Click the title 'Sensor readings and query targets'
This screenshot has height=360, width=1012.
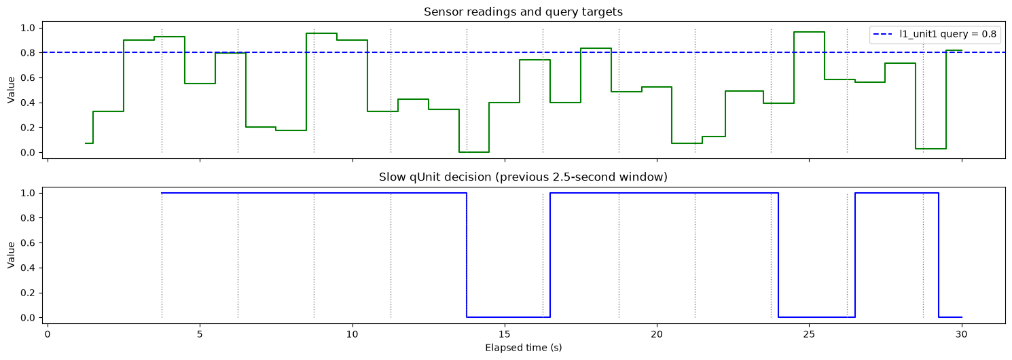click(x=523, y=12)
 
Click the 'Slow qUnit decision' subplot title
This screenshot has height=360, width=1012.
click(x=523, y=177)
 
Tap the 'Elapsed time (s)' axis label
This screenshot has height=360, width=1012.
click(x=523, y=348)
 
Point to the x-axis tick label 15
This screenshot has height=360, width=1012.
click(x=505, y=334)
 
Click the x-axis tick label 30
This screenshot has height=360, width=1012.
click(x=962, y=334)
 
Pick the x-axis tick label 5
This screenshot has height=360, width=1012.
click(x=200, y=334)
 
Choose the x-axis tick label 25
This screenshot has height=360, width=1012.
click(x=809, y=334)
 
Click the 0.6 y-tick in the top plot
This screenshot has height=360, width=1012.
click(x=28, y=77)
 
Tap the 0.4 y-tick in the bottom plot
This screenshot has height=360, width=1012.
click(x=28, y=268)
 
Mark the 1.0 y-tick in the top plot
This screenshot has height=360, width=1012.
click(x=28, y=28)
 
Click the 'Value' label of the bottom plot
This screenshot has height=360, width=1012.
click(x=12, y=255)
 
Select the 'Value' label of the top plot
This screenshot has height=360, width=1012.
click(x=12, y=90)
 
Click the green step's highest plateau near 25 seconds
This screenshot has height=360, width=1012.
click(x=809, y=32)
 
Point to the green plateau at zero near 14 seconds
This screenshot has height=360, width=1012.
click(x=474, y=152)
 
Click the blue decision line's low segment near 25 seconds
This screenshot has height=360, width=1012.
click(x=817, y=317)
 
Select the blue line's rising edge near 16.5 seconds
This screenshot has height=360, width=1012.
click(x=550, y=255)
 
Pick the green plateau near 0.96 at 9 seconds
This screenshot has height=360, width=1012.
click(x=321, y=33)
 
